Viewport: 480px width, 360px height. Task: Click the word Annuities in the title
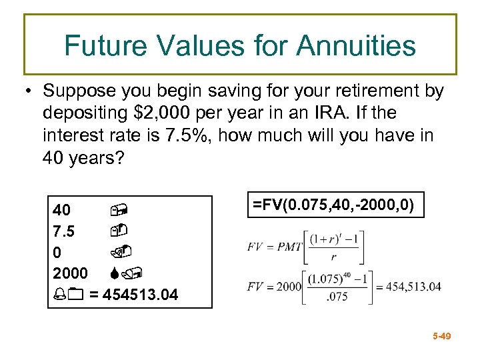click(356, 46)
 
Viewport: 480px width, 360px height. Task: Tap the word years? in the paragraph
click(99, 159)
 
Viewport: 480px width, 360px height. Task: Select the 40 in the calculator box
click(62, 211)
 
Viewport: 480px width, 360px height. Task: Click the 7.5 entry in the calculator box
click(63, 231)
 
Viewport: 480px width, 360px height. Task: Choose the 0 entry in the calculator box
click(57, 252)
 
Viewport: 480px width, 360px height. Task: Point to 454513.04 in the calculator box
click(141, 294)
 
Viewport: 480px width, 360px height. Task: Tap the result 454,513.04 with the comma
click(409, 287)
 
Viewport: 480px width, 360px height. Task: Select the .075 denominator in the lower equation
click(337, 297)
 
